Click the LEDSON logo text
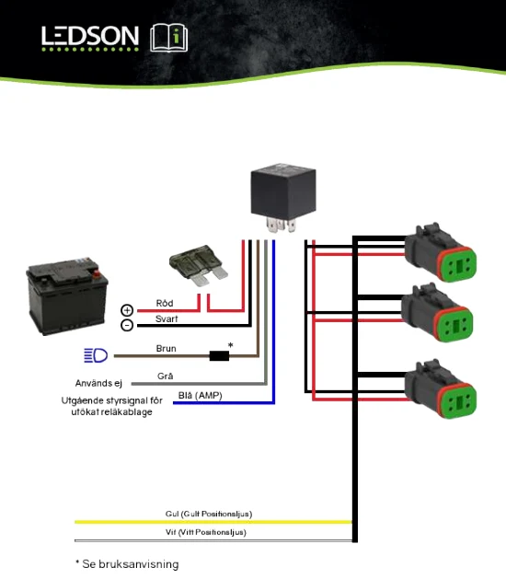click(x=90, y=36)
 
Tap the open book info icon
click(x=169, y=38)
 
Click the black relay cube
click(x=283, y=197)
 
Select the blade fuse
click(x=199, y=265)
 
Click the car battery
click(x=67, y=295)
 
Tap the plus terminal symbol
click(x=127, y=310)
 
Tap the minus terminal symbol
click(x=127, y=325)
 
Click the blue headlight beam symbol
click(x=96, y=355)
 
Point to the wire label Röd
click(x=165, y=303)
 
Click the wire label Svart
click(x=167, y=318)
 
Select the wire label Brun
click(x=167, y=348)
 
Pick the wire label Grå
click(x=165, y=376)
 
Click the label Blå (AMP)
click(x=200, y=396)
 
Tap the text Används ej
click(x=98, y=383)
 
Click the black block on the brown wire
click(x=219, y=355)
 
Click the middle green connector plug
click(x=437, y=312)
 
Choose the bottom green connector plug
click(x=441, y=388)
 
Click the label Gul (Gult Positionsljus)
click(x=209, y=514)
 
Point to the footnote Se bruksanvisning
click(x=131, y=564)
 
